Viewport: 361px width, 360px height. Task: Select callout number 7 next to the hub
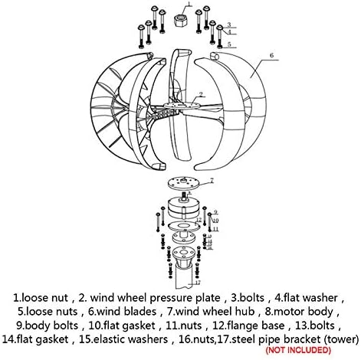[212, 182]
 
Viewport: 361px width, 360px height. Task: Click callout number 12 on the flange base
[198, 220]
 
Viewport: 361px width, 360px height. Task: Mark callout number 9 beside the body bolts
[217, 211]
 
